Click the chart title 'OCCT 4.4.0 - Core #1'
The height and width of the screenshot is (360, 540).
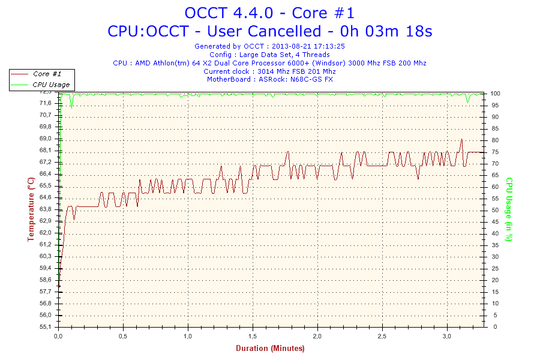[x=269, y=13]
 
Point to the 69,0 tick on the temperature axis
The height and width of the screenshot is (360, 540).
[x=46, y=139]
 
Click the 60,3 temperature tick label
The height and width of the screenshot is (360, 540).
[x=46, y=256]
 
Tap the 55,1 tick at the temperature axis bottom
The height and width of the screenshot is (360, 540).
[x=46, y=327]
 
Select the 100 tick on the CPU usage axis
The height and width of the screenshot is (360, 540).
[x=495, y=94]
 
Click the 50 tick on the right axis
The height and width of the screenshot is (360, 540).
[x=495, y=210]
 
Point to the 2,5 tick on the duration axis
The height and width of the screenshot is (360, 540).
[x=382, y=336]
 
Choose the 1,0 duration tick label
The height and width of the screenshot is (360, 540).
[x=188, y=336]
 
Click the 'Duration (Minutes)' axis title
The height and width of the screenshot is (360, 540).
[x=270, y=349]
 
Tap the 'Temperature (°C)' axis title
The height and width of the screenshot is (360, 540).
[x=31, y=209]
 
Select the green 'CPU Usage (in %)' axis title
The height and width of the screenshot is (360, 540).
[x=509, y=209]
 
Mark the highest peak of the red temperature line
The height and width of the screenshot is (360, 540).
[x=461, y=139]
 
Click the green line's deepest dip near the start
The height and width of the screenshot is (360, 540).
[x=71, y=108]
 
